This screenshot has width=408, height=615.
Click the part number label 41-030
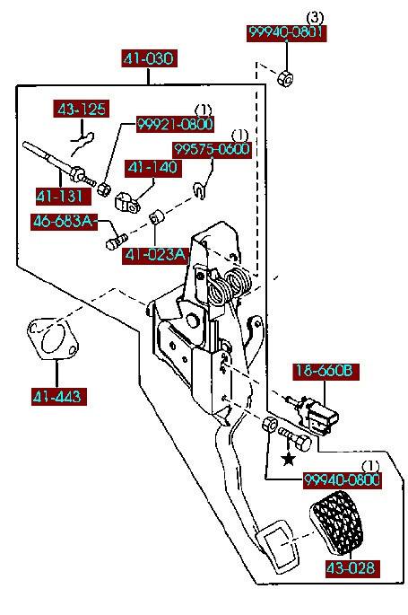pyautogui.click(x=149, y=58)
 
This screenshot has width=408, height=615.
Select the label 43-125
pyautogui.click(x=82, y=109)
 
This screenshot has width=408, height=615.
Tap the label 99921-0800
pyautogui.click(x=175, y=124)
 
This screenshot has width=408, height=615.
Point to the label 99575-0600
pyautogui.click(x=212, y=149)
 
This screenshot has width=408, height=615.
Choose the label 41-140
pyautogui.click(x=153, y=168)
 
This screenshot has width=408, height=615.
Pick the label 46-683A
pyautogui.click(x=64, y=222)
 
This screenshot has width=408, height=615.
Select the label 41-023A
pyautogui.click(x=155, y=255)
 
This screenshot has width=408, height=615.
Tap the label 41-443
pyautogui.click(x=57, y=397)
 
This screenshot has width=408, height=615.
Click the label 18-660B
pyautogui.click(x=326, y=371)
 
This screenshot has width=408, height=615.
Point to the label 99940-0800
pyautogui.click(x=343, y=480)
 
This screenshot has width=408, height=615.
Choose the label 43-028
pyautogui.click(x=352, y=568)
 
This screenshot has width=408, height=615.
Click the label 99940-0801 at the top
pyautogui.click(x=286, y=32)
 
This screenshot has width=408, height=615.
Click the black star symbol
pyautogui.click(x=289, y=459)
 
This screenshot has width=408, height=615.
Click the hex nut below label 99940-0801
pyautogui.click(x=285, y=78)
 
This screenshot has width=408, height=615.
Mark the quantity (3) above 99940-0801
pyautogui.click(x=315, y=18)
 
